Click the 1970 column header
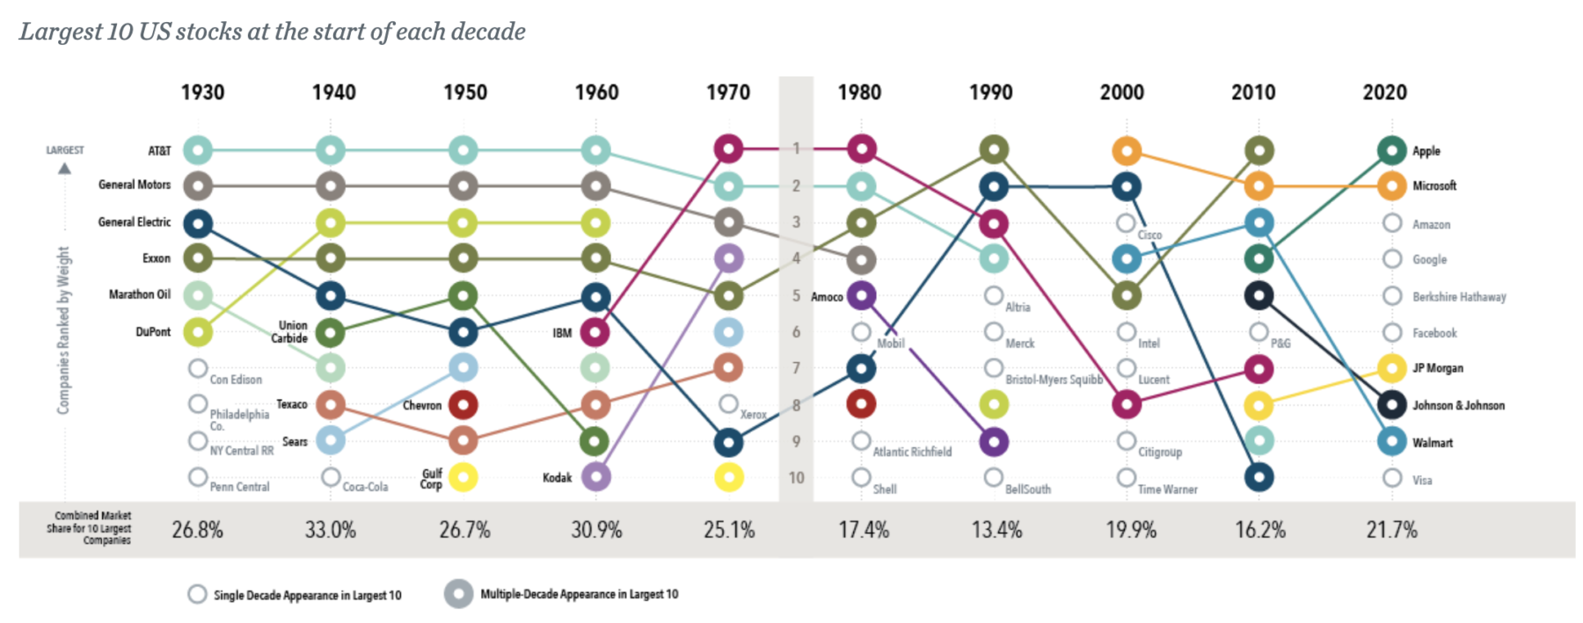(728, 92)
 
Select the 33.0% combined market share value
(330, 530)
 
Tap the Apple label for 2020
(1426, 151)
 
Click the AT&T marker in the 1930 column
(198, 150)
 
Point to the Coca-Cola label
(365, 487)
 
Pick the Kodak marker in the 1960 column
(595, 477)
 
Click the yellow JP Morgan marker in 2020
(1391, 368)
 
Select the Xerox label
(753, 415)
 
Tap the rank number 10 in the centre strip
(796, 478)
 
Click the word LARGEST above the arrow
(65, 150)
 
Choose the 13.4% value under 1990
(996, 530)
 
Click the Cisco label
(1149, 235)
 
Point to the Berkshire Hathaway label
(1459, 297)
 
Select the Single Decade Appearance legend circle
(197, 595)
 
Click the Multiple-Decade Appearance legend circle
(458, 594)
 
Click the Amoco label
(827, 297)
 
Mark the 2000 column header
(1121, 92)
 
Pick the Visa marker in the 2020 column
(1391, 478)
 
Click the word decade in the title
(487, 32)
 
